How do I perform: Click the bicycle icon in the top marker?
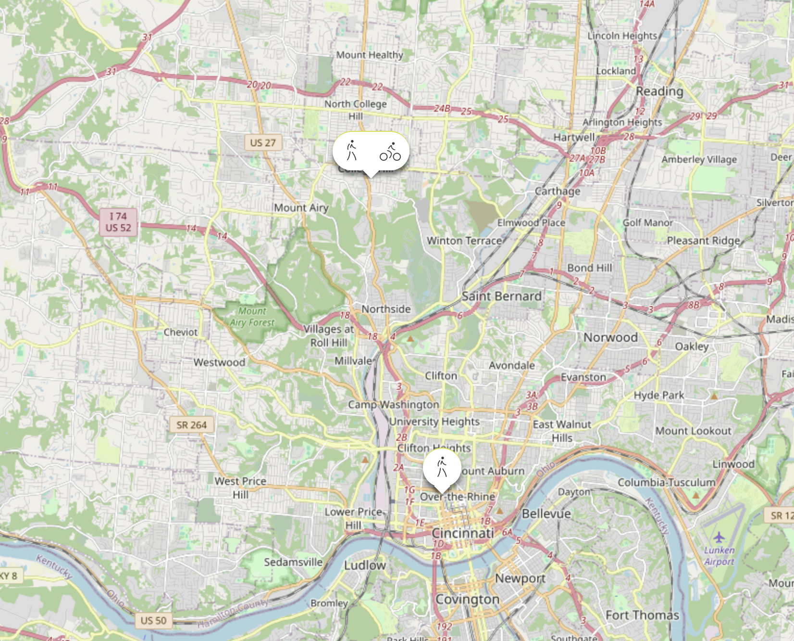(x=390, y=152)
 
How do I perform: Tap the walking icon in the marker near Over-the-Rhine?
(x=442, y=467)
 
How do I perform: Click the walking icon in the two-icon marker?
(x=352, y=151)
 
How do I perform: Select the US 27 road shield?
(x=263, y=142)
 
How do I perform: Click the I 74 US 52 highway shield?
(x=118, y=222)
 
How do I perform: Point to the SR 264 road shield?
(x=191, y=425)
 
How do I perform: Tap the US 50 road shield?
(x=153, y=620)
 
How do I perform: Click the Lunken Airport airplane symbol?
(x=719, y=537)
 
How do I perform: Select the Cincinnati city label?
(x=462, y=533)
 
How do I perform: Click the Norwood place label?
(x=610, y=337)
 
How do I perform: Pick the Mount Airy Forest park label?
(x=252, y=317)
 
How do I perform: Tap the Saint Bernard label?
(x=501, y=296)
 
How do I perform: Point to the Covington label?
(x=467, y=599)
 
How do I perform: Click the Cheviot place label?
(x=180, y=332)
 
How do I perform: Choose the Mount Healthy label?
(x=369, y=55)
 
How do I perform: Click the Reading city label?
(x=659, y=91)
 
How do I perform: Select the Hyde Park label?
(x=658, y=395)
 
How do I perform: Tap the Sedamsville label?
(x=293, y=562)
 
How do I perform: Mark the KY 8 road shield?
(x=9, y=576)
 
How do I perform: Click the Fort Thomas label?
(x=642, y=615)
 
